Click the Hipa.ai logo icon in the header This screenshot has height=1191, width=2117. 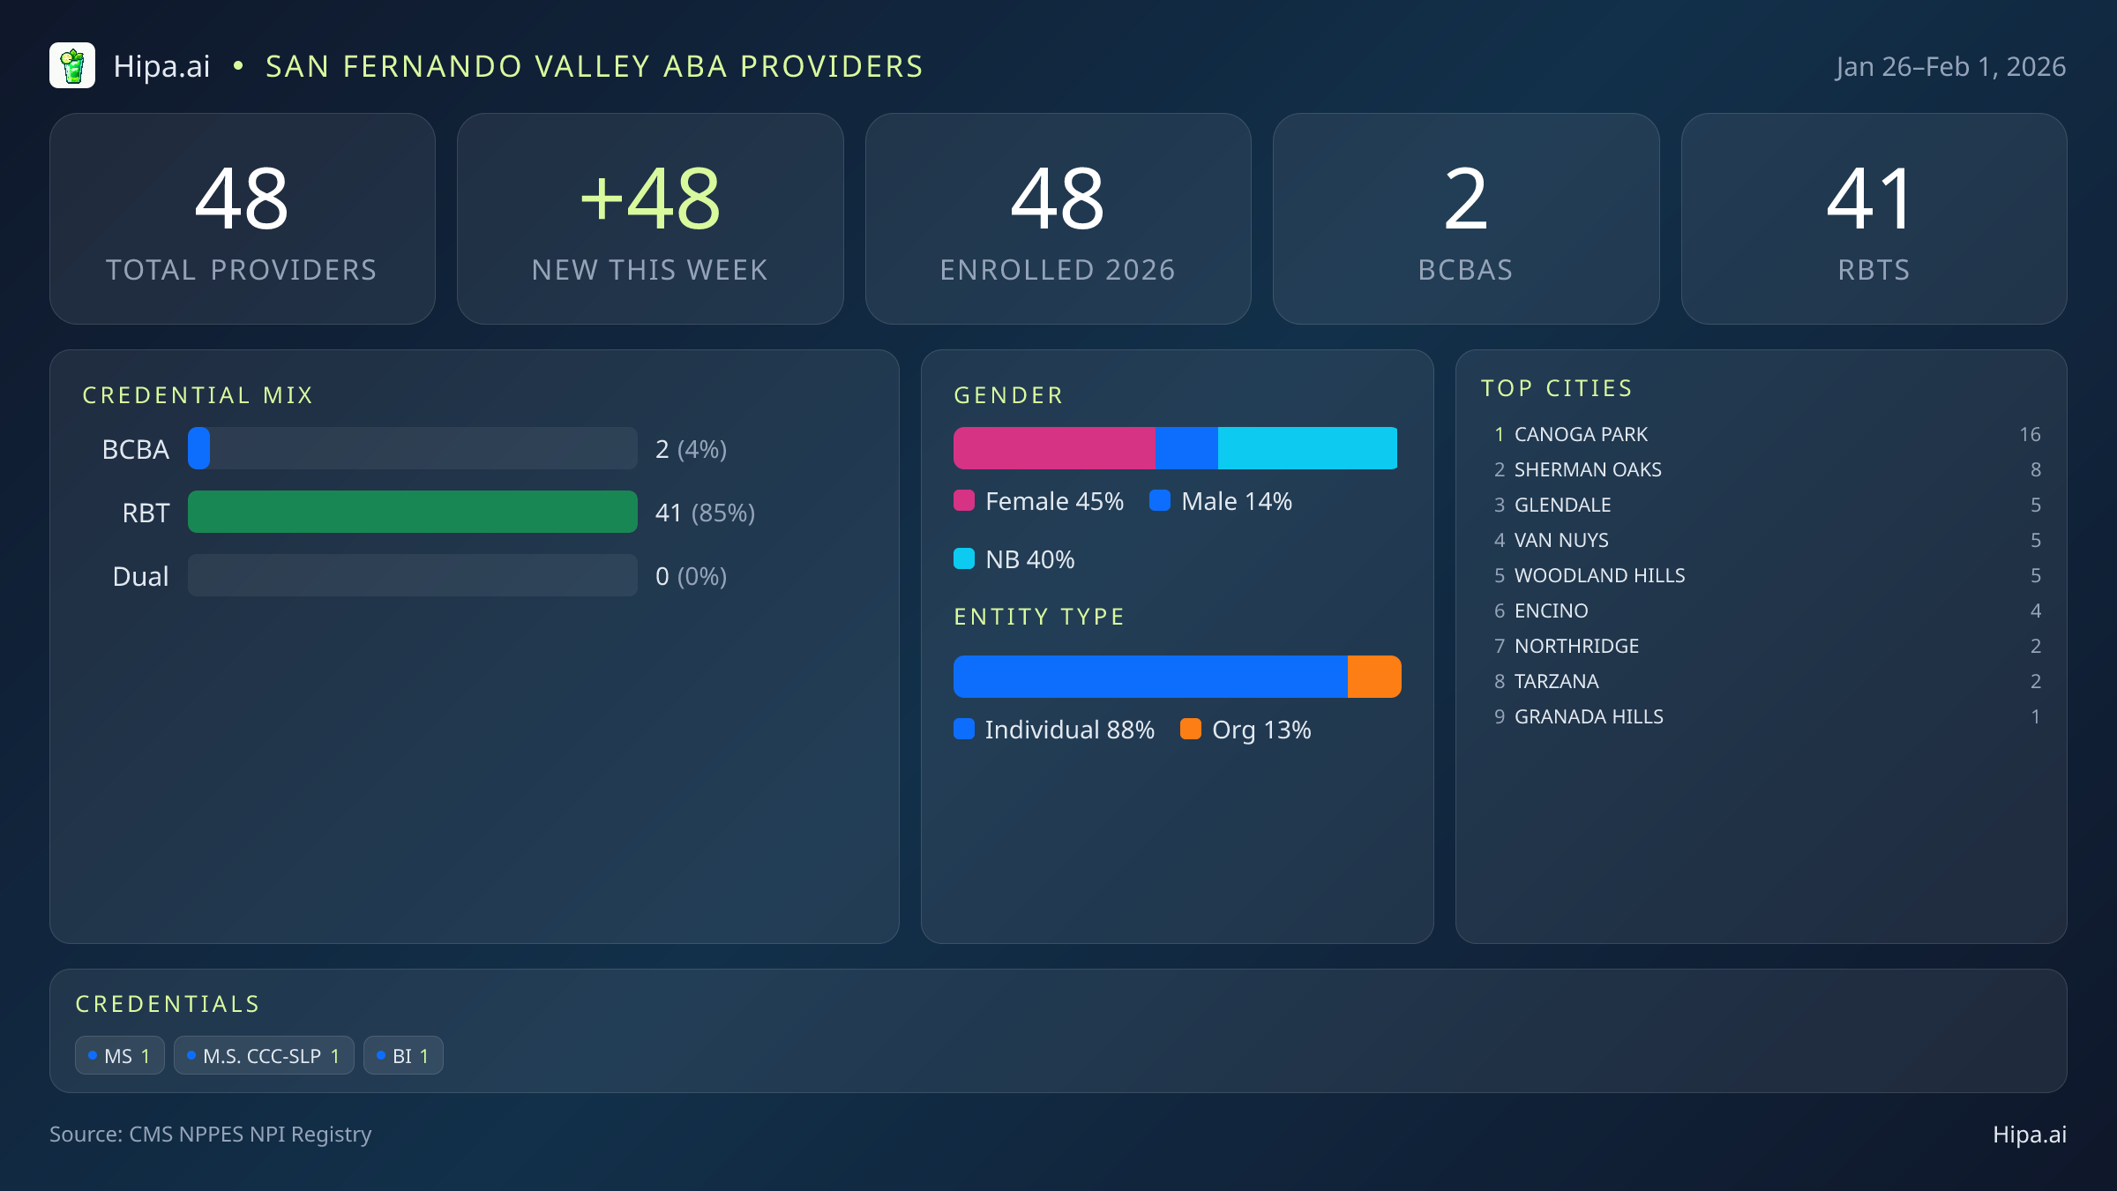click(x=72, y=66)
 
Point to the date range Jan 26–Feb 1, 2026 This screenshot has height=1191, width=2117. click(x=1950, y=67)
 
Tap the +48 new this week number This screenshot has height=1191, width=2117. click(x=650, y=199)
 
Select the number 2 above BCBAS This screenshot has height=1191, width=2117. click(x=1465, y=199)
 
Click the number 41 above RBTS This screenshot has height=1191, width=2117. click(x=1873, y=199)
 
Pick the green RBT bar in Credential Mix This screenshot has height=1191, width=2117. click(x=412, y=512)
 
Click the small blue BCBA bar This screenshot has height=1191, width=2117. click(x=199, y=448)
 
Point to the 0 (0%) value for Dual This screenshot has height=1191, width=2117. click(x=691, y=576)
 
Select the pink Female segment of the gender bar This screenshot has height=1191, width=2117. click(x=1053, y=448)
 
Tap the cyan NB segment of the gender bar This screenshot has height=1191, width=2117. click(x=1306, y=448)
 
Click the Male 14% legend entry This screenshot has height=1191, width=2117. click(x=1222, y=501)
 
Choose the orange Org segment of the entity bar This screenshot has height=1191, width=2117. click(x=1373, y=677)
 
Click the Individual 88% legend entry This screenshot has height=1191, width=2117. click(x=1055, y=730)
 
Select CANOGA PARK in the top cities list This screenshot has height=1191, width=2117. click(x=1581, y=434)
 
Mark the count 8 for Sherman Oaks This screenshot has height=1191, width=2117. click(x=2035, y=469)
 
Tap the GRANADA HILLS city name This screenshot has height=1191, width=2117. click(x=1589, y=716)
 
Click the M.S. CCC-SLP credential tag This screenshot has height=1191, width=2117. click(x=264, y=1056)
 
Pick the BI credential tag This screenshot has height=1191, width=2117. click(x=403, y=1056)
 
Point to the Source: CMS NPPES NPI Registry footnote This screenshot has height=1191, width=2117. click(x=210, y=1134)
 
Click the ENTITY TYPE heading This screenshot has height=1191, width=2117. click(x=1039, y=617)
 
